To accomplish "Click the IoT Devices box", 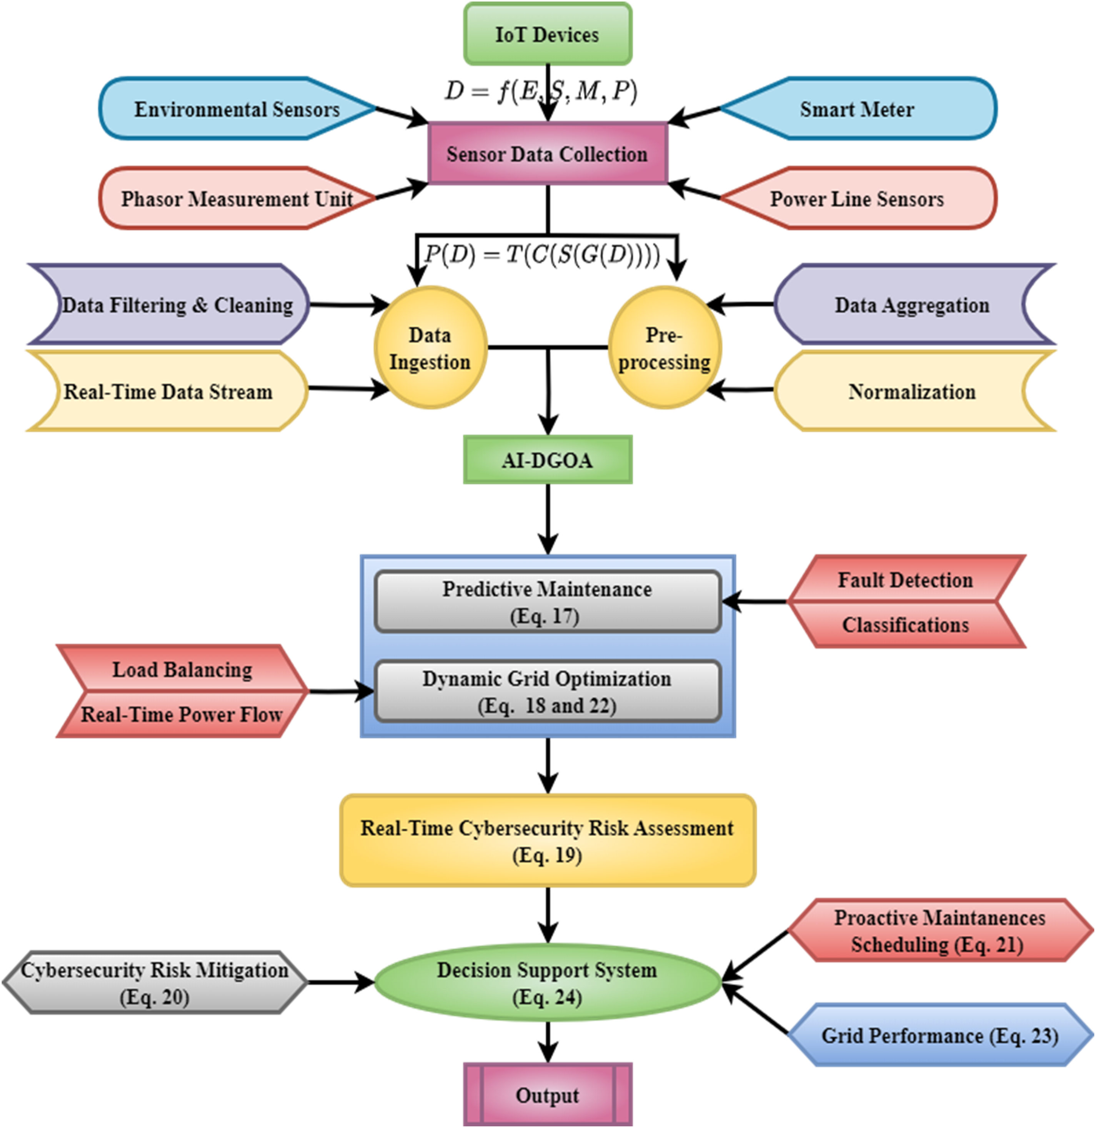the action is point(548,34).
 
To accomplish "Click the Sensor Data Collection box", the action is point(548,154).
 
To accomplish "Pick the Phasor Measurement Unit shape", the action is point(237,199).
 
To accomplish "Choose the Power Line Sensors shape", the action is point(858,199).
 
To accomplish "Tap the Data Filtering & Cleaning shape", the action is point(168,305).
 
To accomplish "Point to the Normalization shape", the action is point(914,392).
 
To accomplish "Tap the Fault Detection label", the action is point(906,580).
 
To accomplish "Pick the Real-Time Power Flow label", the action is point(182,714).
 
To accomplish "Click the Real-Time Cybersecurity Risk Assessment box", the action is point(548,841).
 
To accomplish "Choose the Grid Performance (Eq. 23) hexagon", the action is point(940,1036).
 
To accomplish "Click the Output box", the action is point(548,1095).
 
